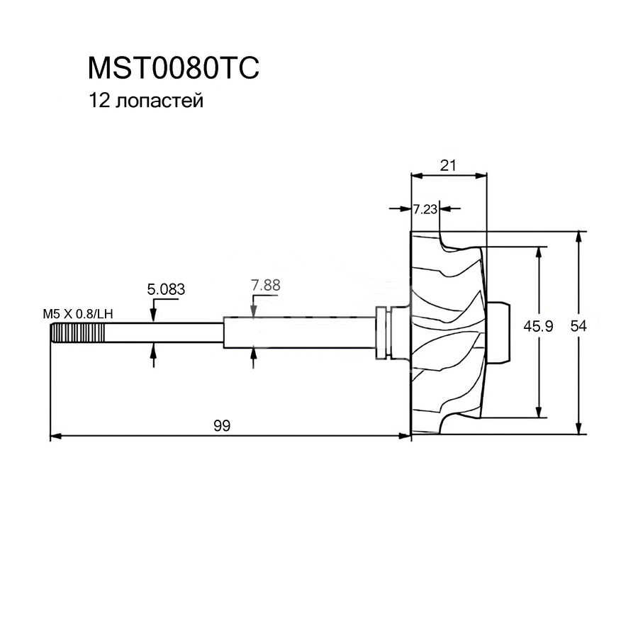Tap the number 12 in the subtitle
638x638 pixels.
tap(98, 101)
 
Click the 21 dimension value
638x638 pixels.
tap(447, 165)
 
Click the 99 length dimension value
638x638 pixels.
tap(222, 425)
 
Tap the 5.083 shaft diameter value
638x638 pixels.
tap(166, 289)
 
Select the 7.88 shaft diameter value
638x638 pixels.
tap(266, 286)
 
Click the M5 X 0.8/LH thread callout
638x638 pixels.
tap(77, 313)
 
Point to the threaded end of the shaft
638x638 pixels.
tap(77, 332)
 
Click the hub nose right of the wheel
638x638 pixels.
tap(500, 332)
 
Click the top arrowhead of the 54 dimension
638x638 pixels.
tap(580, 237)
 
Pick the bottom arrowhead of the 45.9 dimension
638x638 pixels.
tap(540, 413)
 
